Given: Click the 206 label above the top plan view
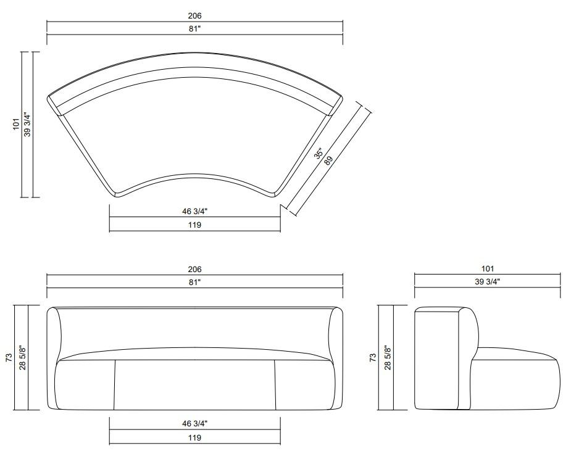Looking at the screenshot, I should click(x=194, y=15).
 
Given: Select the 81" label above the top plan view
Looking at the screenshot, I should click(x=194, y=28).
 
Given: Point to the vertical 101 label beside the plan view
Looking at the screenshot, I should click(x=16, y=125).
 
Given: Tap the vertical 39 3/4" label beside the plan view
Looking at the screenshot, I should click(x=27, y=125).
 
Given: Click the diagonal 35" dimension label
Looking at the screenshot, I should click(x=319, y=154).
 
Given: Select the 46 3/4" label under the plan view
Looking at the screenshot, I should click(x=194, y=211).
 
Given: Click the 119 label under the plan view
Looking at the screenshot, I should click(x=194, y=225).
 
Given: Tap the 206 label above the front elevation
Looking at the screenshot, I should click(x=194, y=270).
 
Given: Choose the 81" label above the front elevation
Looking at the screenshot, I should click(x=194, y=282).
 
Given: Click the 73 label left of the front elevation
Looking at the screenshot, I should click(x=9, y=357).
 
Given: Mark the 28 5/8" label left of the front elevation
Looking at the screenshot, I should click(x=22, y=357).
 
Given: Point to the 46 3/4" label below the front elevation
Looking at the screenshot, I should click(x=194, y=423).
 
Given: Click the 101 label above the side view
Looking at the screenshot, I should click(x=487, y=269).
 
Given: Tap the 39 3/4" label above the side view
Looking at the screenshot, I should click(x=487, y=282).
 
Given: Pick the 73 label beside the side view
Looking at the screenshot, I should click(x=372, y=357).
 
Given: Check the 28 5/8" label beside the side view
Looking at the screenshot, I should click(x=388, y=357).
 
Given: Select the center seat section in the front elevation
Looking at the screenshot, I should click(x=194, y=385).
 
